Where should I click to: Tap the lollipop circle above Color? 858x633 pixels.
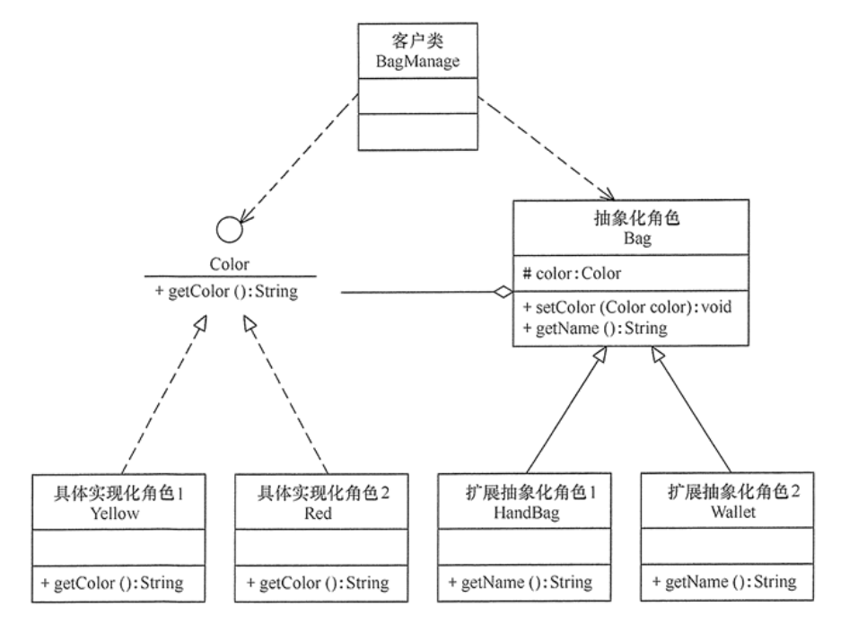(x=231, y=230)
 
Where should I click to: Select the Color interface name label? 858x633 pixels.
(x=229, y=265)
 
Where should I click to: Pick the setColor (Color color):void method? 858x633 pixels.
(x=627, y=307)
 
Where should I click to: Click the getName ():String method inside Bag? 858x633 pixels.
(x=595, y=328)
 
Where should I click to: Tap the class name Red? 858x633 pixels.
(x=318, y=514)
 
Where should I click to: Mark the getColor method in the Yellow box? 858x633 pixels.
(x=112, y=584)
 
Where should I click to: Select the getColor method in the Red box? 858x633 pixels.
(x=318, y=584)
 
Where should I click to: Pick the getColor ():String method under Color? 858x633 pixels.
(x=229, y=293)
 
